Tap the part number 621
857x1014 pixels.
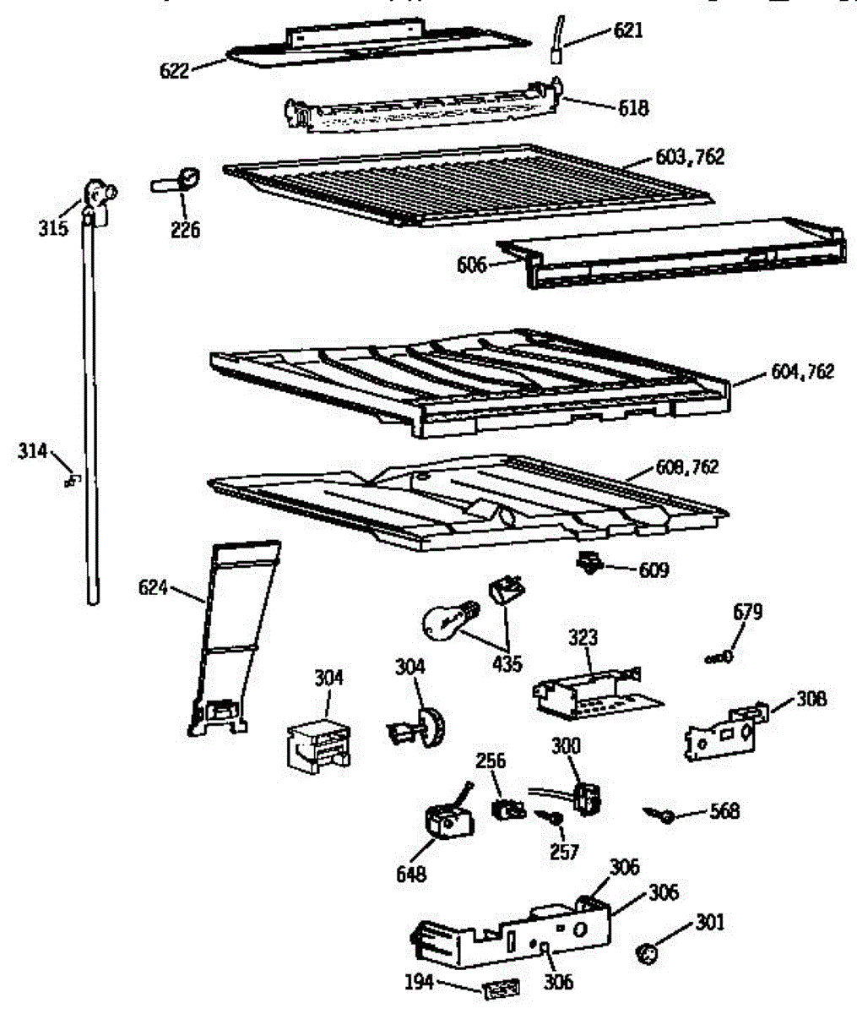[627, 31]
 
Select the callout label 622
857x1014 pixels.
[175, 71]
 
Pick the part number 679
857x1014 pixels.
[748, 612]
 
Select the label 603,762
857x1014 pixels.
[690, 157]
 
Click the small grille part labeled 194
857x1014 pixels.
[501, 989]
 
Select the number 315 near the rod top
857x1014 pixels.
[53, 228]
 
